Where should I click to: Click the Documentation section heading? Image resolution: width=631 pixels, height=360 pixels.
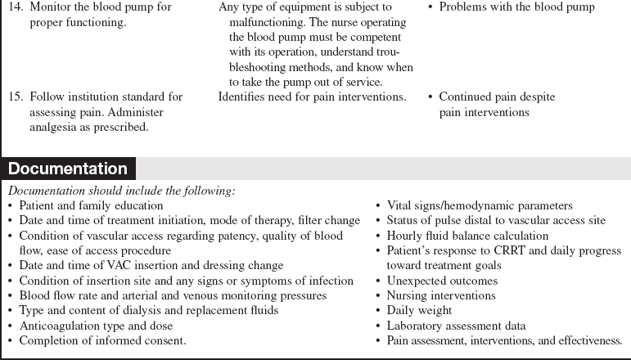coord(68,169)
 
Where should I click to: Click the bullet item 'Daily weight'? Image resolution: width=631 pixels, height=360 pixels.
coord(418,310)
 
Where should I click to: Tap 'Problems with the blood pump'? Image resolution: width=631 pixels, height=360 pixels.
coord(516,7)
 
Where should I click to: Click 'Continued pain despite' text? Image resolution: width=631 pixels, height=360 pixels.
coord(497,97)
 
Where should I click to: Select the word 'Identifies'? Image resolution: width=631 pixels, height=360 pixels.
coord(244,97)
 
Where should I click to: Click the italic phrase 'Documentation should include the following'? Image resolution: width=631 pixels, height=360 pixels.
coord(120,191)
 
